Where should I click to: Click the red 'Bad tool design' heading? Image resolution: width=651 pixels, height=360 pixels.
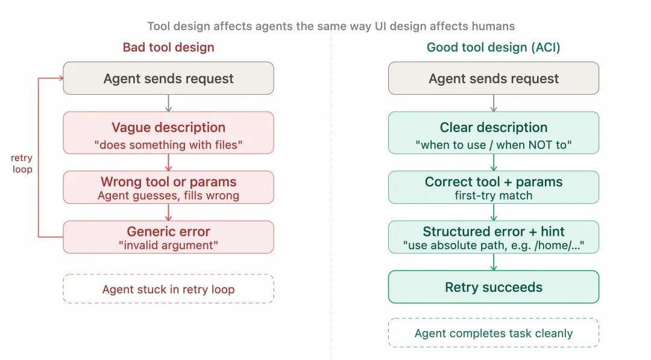pos(168,47)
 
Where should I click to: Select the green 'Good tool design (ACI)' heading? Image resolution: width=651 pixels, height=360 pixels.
pos(493,47)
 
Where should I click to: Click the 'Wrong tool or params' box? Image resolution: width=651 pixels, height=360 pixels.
pos(168,187)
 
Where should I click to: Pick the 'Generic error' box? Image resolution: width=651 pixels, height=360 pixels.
pos(168,237)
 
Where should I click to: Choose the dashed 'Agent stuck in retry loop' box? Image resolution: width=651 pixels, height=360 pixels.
pos(168,289)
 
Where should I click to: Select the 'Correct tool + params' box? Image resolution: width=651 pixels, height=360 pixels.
pos(493,187)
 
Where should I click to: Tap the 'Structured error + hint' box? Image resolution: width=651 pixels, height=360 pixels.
pos(493,237)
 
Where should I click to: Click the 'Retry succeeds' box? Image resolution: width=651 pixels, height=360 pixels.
pos(493,287)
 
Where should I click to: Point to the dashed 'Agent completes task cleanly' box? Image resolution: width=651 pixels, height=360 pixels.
pos(493,333)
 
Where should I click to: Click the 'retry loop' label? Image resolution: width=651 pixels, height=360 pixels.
pos(22,163)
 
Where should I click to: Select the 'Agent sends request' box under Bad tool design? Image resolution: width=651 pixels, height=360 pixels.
pos(168,78)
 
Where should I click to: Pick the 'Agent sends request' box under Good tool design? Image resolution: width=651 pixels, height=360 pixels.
pos(493,78)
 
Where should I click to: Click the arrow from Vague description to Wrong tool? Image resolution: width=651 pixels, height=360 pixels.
pos(168,162)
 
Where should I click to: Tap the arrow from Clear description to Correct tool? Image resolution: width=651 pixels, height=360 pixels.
pos(493,162)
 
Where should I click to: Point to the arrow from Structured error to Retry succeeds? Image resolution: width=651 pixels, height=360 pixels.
pos(493,262)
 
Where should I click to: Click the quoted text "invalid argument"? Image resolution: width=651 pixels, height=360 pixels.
pos(168,245)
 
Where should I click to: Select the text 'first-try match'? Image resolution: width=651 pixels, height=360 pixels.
pos(493,195)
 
